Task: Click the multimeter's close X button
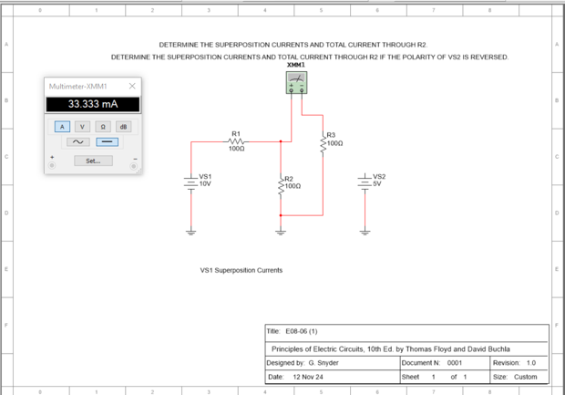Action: tap(132, 86)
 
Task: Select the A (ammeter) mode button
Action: tap(61, 127)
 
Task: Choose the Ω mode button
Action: tap(103, 127)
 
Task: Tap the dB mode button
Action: tap(124, 127)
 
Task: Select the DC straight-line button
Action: tap(108, 142)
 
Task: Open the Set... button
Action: tap(93, 161)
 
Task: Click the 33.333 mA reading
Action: tap(93, 104)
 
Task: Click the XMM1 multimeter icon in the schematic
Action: tap(295, 83)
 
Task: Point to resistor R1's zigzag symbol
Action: tap(236, 141)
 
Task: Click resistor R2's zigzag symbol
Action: tap(282, 183)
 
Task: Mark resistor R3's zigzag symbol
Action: tap(324, 143)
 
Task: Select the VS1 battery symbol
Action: tap(191, 181)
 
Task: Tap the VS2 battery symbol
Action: tap(365, 180)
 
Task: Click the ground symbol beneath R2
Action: tap(282, 232)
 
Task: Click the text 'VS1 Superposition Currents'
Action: tap(241, 271)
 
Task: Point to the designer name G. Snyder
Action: tap(317, 363)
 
